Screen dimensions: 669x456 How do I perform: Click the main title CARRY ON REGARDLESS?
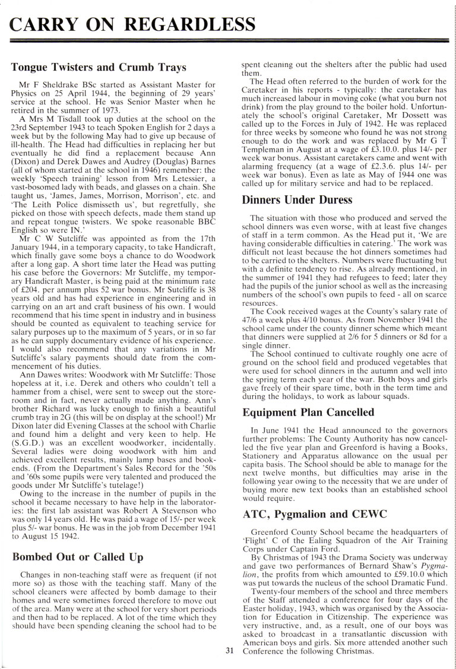tap(129, 24)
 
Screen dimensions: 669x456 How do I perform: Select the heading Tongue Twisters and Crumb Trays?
tap(99, 67)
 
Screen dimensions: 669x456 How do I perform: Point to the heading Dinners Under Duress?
tap(297, 199)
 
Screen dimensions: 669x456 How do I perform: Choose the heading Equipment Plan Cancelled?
tap(308, 411)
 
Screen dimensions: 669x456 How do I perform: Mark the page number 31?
tap(230, 649)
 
